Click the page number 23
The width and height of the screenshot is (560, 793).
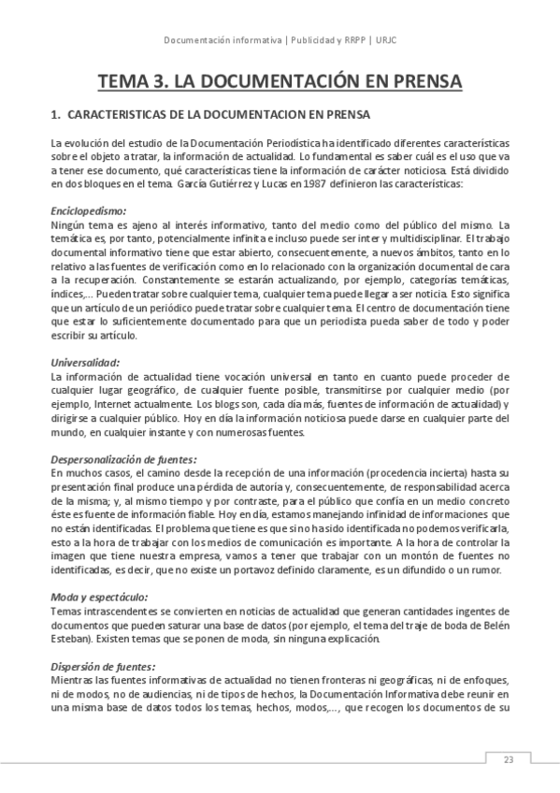(509, 758)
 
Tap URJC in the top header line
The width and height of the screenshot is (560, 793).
(385, 40)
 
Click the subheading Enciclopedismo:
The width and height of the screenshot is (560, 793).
(88, 211)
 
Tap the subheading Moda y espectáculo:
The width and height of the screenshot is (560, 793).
(99, 596)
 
